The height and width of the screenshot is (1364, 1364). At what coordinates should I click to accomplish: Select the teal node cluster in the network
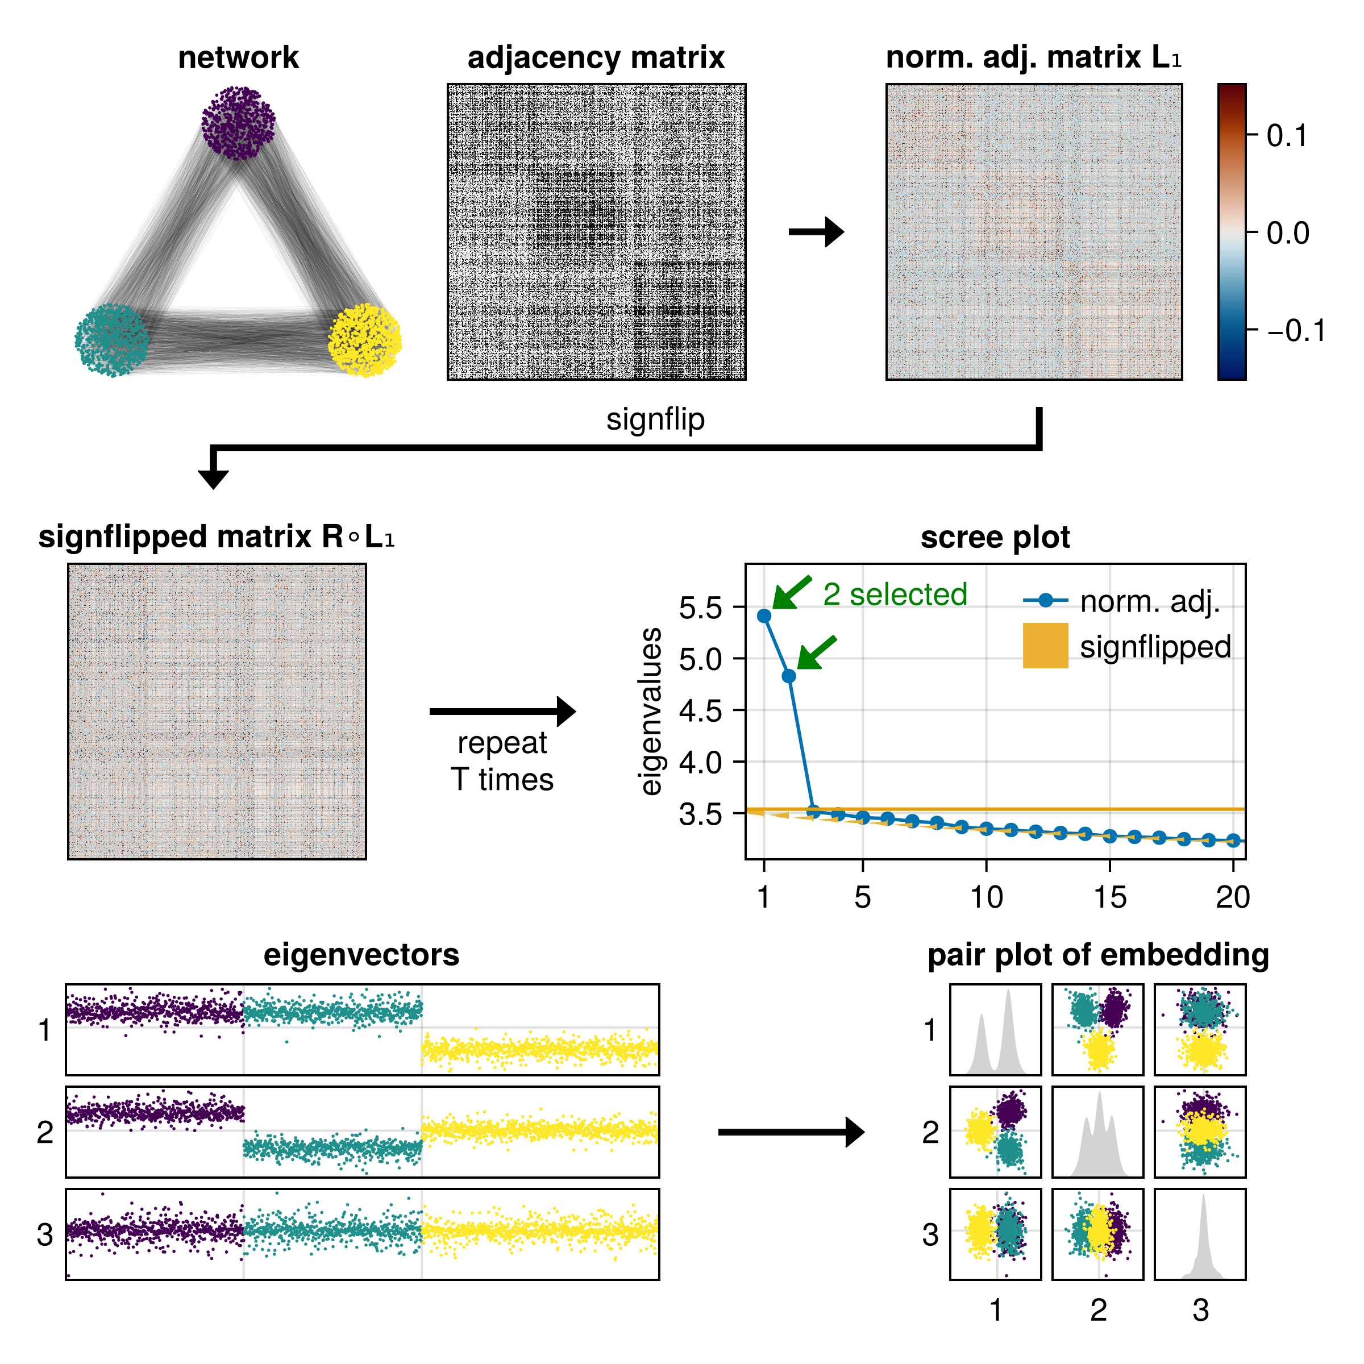pyautogui.click(x=111, y=340)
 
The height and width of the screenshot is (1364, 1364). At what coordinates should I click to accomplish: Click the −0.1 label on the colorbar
pyautogui.click(x=1296, y=330)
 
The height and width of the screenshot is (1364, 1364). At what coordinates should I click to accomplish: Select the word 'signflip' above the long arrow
pyautogui.click(x=655, y=419)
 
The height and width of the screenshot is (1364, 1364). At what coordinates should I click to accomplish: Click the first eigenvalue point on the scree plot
pyautogui.click(x=764, y=616)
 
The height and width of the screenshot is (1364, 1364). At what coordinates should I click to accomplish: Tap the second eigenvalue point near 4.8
pyautogui.click(x=789, y=676)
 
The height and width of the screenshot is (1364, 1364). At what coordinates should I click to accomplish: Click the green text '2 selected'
pyautogui.click(x=895, y=594)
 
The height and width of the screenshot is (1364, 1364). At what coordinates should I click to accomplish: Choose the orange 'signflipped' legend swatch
pyautogui.click(x=1045, y=645)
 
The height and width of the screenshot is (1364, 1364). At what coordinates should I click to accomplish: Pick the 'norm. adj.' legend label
pyautogui.click(x=1149, y=601)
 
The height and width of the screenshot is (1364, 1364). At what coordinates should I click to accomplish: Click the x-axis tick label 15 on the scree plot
pyautogui.click(x=1110, y=897)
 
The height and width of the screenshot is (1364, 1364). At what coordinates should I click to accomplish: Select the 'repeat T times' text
pyautogui.click(x=502, y=761)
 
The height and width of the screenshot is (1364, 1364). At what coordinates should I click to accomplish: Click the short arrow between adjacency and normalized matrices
pyautogui.click(x=816, y=231)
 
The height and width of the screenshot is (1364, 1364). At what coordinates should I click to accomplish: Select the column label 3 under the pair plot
pyautogui.click(x=1200, y=1309)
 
